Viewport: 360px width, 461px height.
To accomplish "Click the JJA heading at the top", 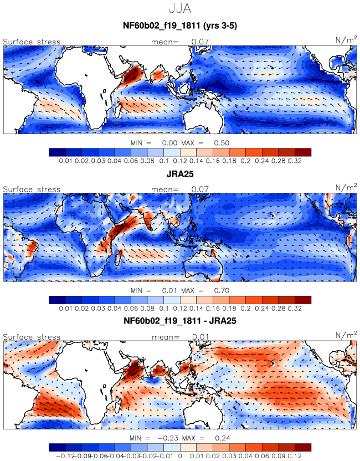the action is (180, 8).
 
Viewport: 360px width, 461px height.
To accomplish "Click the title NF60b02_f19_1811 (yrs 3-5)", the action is (180, 26).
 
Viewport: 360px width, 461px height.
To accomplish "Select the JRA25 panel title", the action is (180, 174).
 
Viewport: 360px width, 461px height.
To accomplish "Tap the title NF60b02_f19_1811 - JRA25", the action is (180, 320).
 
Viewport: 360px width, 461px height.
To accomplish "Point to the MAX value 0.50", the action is (222, 143).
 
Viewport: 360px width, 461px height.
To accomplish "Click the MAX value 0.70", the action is (222, 290).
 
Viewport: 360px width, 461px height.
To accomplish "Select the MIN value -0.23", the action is (168, 438).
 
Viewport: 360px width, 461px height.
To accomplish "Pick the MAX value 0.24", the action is (223, 438).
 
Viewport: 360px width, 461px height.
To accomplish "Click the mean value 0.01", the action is (200, 337).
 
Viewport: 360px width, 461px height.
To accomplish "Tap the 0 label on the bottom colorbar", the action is (180, 456).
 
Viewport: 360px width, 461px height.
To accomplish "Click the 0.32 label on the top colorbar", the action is (295, 161).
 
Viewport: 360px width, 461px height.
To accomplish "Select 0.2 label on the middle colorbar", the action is (246, 309).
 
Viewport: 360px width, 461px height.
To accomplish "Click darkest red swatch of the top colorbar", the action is (303, 152).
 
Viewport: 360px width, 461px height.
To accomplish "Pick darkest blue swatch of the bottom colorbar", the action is (57, 448).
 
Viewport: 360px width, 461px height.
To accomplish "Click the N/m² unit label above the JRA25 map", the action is (346, 187).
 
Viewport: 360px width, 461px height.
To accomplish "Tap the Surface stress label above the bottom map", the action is (32, 337).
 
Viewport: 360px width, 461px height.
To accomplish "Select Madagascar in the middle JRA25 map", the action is (119, 257).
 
